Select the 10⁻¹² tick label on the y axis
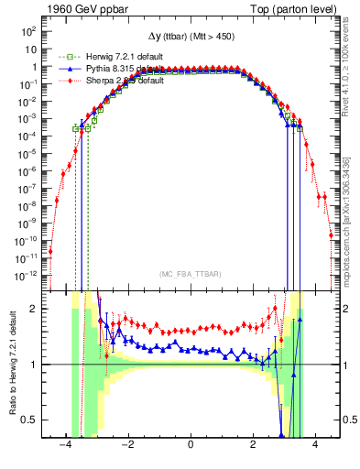(x=27, y=274)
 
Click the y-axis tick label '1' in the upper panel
(x=35, y=67)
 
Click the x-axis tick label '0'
(x=191, y=444)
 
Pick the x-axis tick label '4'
(x=315, y=444)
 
